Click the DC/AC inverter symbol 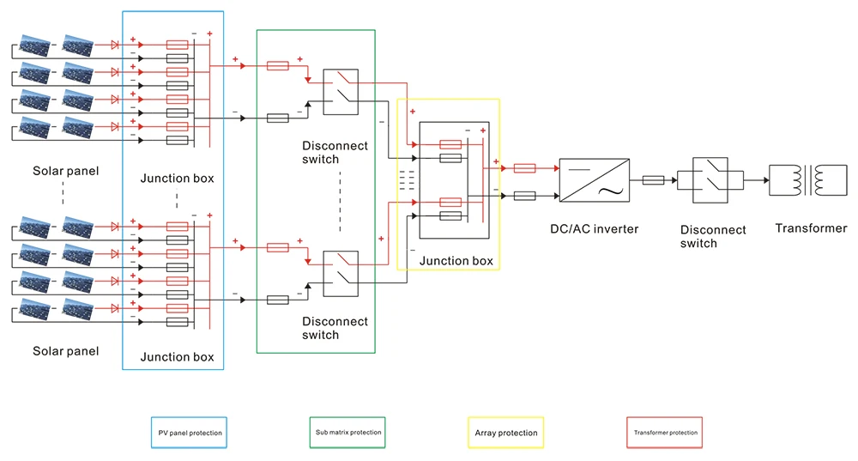[593, 179]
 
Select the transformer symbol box [797, 180]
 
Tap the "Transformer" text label [811, 228]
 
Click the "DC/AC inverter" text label [595, 228]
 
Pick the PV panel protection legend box [190, 433]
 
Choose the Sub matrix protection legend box [347, 432]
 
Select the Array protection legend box [505, 433]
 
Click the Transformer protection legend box [665, 433]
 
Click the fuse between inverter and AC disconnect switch [653, 180]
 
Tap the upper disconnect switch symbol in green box [341, 92]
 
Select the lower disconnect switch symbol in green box [341, 273]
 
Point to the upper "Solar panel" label [66, 171]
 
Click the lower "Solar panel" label [66, 351]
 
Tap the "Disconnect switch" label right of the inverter [713, 236]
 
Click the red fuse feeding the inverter [524, 168]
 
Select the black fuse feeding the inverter [524, 196]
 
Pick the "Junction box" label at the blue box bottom [177, 356]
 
